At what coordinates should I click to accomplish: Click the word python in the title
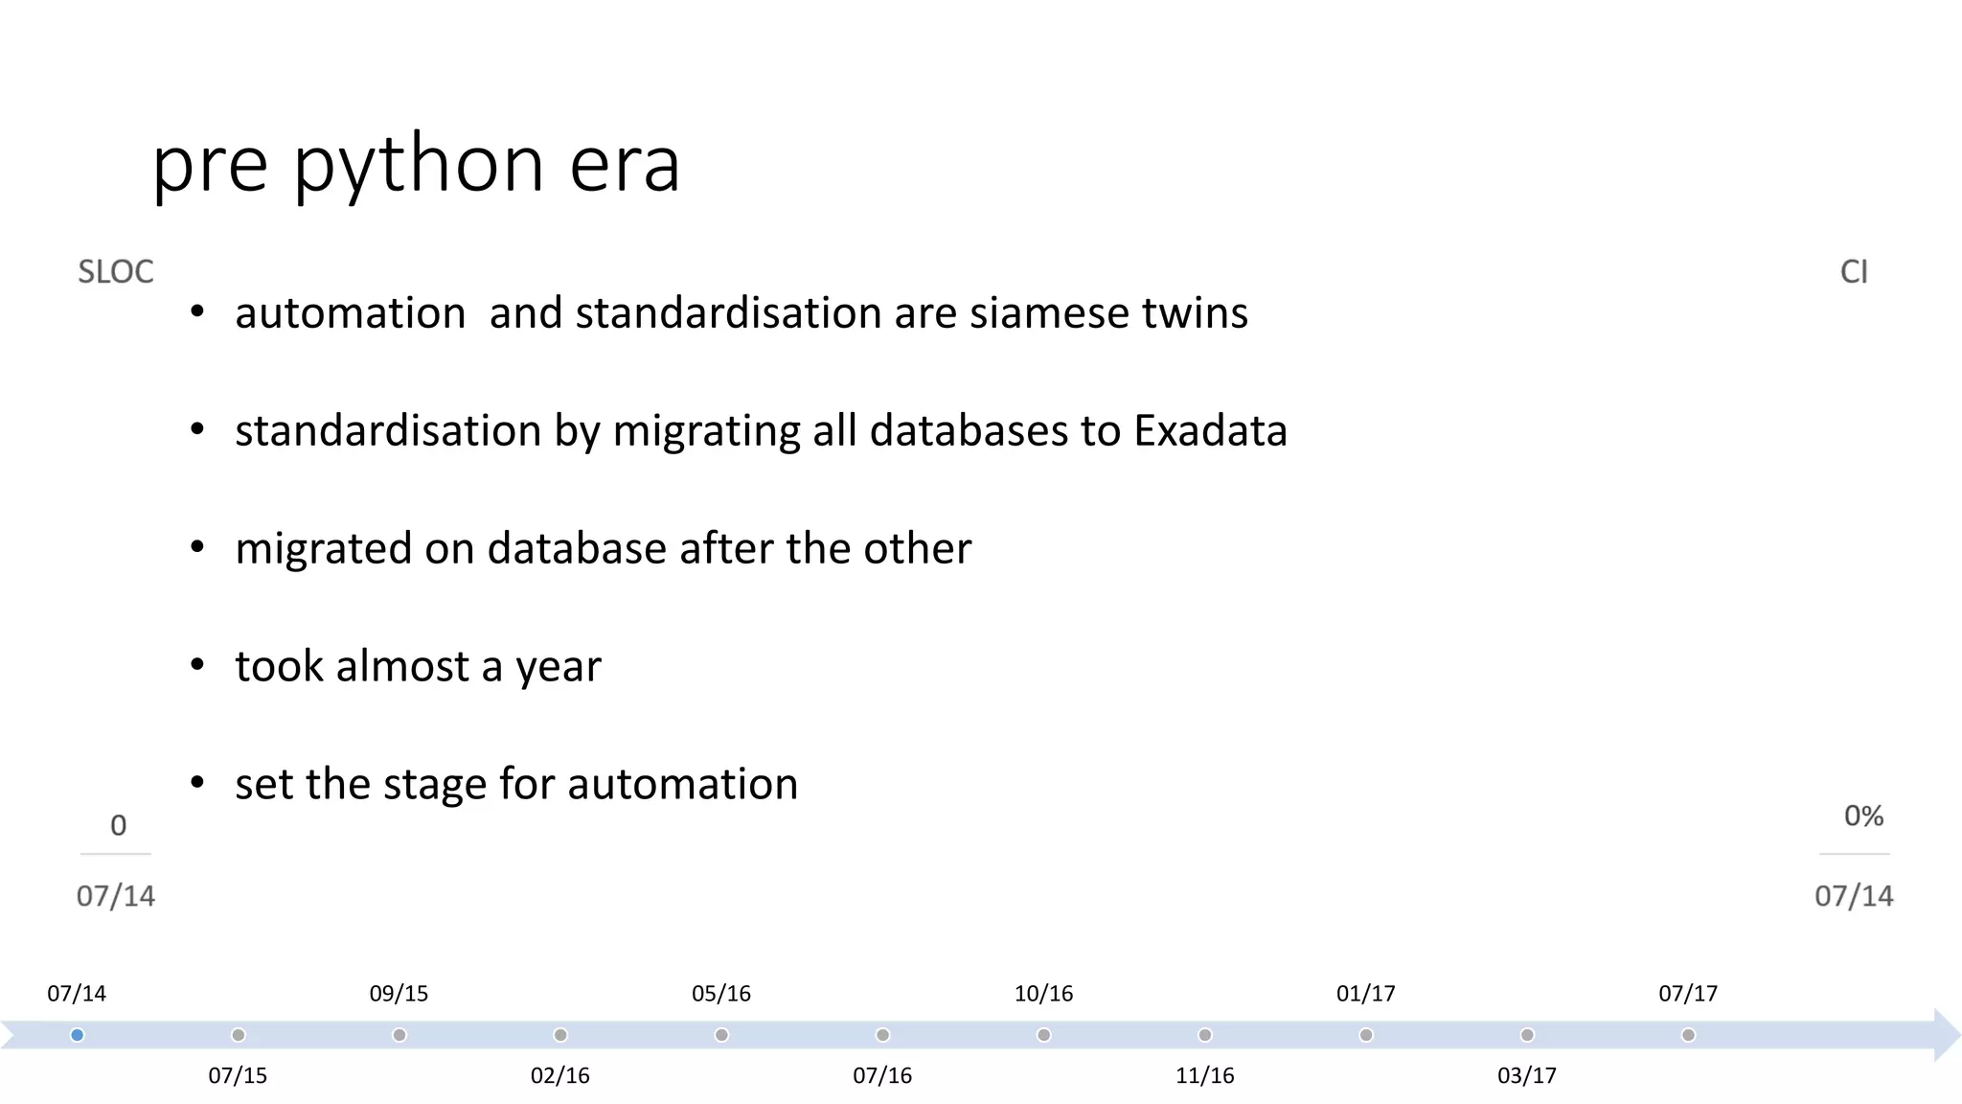point(420,165)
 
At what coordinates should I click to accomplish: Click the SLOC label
point(115,272)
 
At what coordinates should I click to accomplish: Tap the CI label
point(1854,272)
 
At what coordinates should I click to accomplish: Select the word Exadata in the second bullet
point(1210,430)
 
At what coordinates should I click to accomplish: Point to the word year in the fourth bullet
point(559,667)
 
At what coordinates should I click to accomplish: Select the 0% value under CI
point(1863,816)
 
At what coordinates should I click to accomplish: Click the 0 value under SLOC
point(118,825)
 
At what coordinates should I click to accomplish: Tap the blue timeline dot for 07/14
point(78,1035)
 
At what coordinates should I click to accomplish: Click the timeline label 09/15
point(399,994)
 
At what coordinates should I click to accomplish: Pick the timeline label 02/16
point(560,1075)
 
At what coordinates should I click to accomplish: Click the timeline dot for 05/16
point(721,1035)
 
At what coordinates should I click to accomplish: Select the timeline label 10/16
point(1043,994)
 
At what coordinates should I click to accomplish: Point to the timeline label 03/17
point(1527,1075)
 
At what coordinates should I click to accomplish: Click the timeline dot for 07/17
point(1688,1035)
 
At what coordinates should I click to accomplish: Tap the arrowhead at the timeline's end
point(1946,1035)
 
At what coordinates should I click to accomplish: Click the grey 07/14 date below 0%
point(1854,896)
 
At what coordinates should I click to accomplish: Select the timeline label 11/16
point(1204,1075)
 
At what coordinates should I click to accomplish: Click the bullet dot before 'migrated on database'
point(197,547)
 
